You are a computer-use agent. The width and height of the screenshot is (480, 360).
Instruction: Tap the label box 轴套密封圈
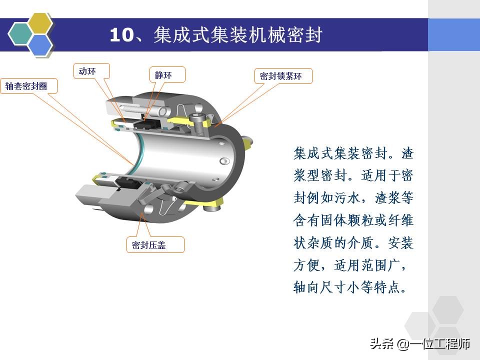[28, 86]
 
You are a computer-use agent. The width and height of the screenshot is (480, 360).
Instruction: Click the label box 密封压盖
[154, 244]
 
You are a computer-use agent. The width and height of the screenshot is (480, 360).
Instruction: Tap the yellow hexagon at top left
[39, 23]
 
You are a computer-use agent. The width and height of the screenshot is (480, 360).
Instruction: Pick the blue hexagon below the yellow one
[40, 44]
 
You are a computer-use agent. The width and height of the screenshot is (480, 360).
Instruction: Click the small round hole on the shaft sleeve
[224, 160]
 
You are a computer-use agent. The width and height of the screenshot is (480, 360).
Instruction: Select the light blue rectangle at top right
[453, 34]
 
